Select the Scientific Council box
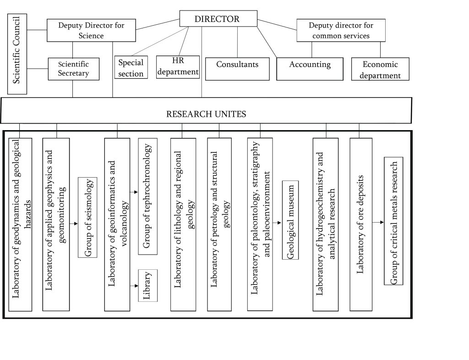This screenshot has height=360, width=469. (17, 54)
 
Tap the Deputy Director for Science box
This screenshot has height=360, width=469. (91, 30)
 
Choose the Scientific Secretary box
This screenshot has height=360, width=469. (73, 69)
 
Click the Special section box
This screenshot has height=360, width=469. (131, 67)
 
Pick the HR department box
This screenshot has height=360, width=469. (178, 67)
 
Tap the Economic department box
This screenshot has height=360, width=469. (380, 69)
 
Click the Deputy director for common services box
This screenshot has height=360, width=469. (341, 30)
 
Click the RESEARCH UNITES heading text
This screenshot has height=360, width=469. (206, 114)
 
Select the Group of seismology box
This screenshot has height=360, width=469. (87, 217)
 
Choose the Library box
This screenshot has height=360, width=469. (148, 285)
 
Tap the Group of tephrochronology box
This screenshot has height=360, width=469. (147, 196)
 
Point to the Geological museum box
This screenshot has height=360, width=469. (290, 220)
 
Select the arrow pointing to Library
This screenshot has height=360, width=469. (134, 286)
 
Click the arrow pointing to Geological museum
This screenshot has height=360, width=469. (278, 223)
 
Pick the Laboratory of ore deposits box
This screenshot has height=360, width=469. (361, 224)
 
